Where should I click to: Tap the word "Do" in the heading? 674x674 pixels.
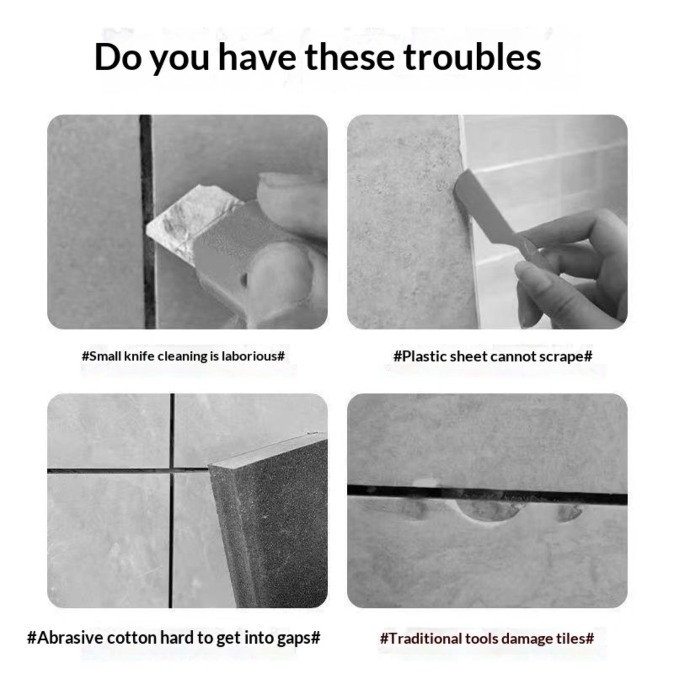(118, 57)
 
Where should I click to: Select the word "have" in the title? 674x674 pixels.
(257, 57)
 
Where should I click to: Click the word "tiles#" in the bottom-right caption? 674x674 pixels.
(575, 638)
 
